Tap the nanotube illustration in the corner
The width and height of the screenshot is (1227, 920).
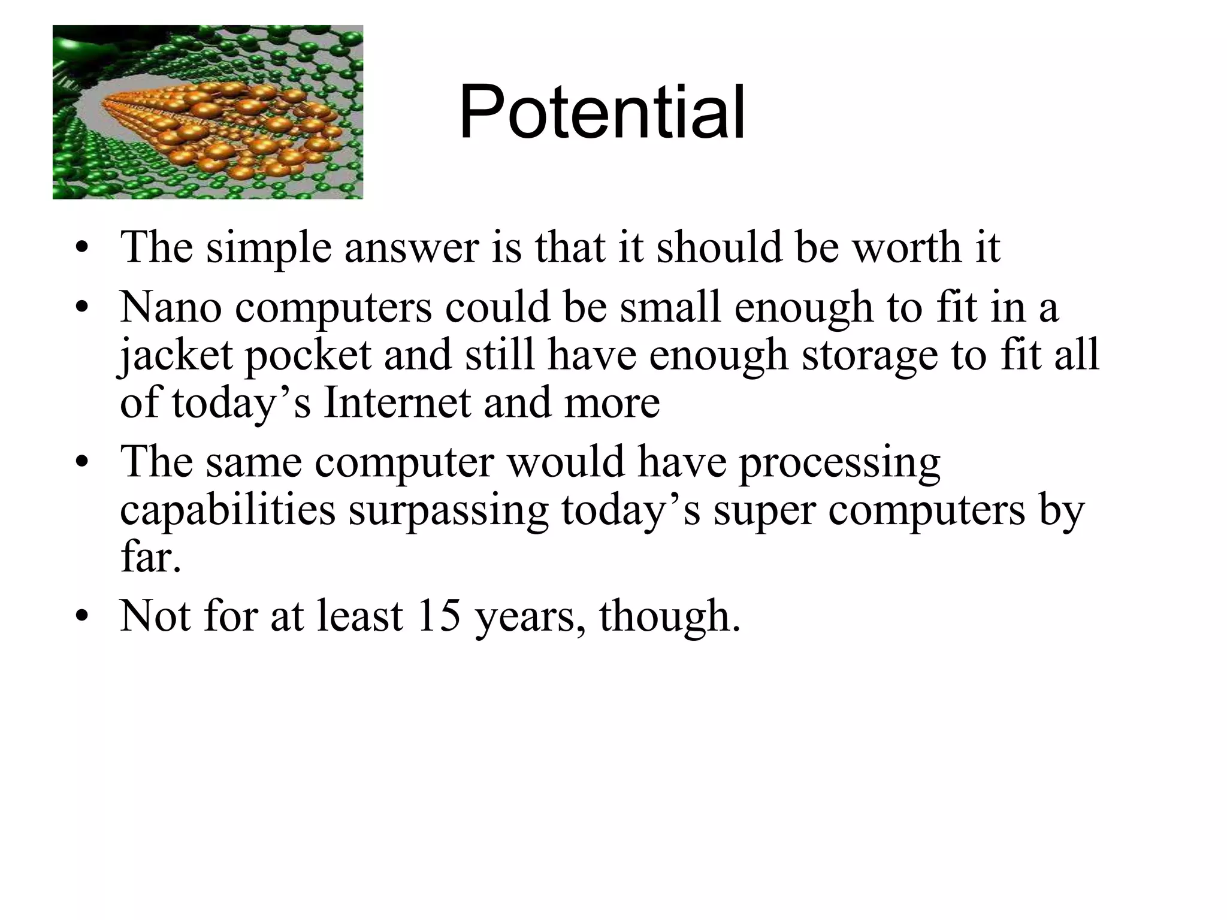pyautogui.click(x=208, y=112)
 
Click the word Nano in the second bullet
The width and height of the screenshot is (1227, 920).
pyautogui.click(x=171, y=307)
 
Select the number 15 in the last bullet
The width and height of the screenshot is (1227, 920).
pyautogui.click(x=439, y=616)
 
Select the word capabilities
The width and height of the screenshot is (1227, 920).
pyautogui.click(x=228, y=510)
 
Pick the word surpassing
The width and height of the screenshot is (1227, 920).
pyautogui.click(x=448, y=510)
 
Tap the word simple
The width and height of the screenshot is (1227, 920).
pyautogui.click(x=268, y=248)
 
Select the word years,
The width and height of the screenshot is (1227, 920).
pyautogui.click(x=530, y=617)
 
